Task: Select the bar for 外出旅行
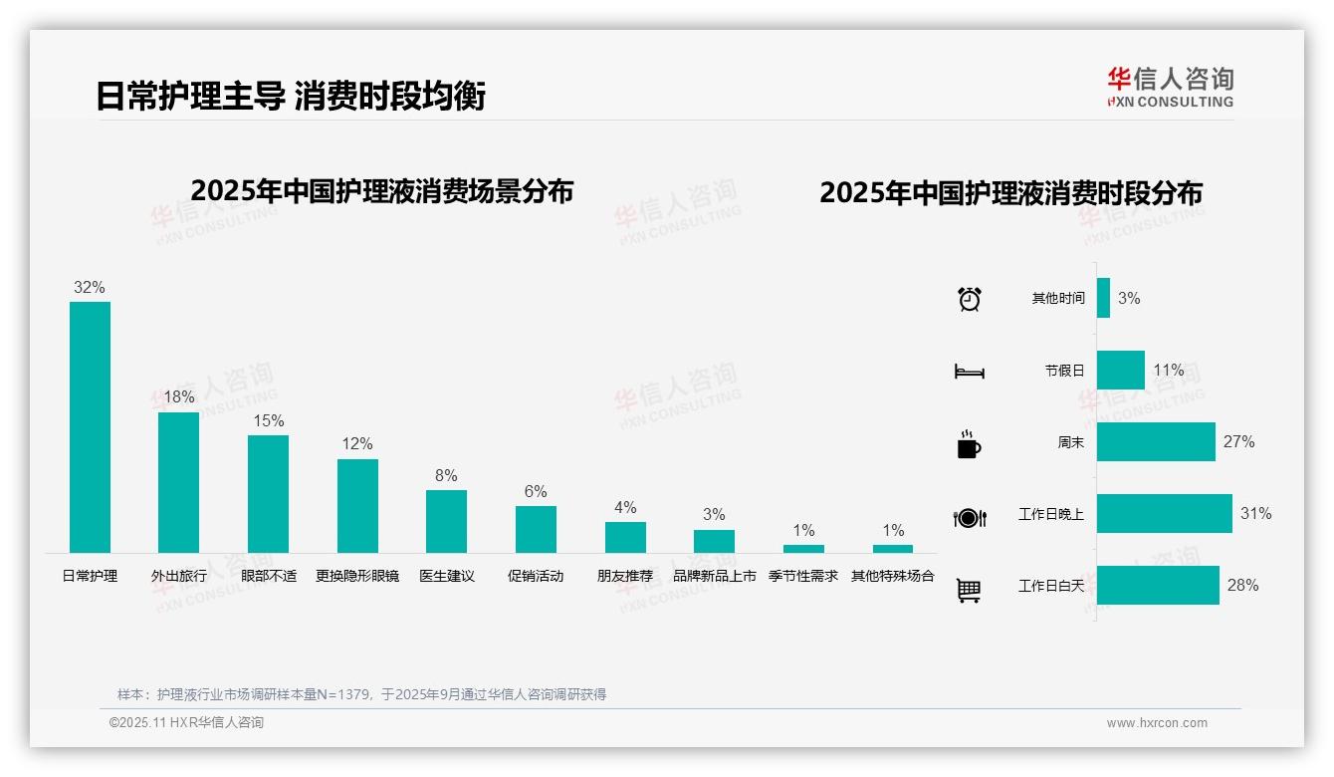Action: coord(179,482)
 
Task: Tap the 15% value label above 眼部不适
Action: coord(268,420)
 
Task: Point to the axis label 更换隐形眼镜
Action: coord(357,576)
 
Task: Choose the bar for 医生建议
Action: coord(446,521)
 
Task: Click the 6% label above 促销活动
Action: coord(536,491)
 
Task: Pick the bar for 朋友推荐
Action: coord(625,537)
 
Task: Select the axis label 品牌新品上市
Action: coord(714,576)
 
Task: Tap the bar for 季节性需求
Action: coord(803,548)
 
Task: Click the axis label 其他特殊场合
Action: coord(893,576)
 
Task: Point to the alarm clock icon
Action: coord(969,299)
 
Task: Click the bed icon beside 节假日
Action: coord(969,372)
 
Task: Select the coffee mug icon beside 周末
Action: coord(969,444)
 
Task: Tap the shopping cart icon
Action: coord(969,590)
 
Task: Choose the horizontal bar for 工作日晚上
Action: coord(1164,514)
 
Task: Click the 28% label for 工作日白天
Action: coord(1242,586)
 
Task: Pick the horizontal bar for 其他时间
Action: coord(1103,298)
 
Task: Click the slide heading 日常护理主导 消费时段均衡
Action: coord(291,97)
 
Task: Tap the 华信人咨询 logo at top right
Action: coord(1170,87)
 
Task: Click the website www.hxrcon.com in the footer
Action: coord(1157,723)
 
